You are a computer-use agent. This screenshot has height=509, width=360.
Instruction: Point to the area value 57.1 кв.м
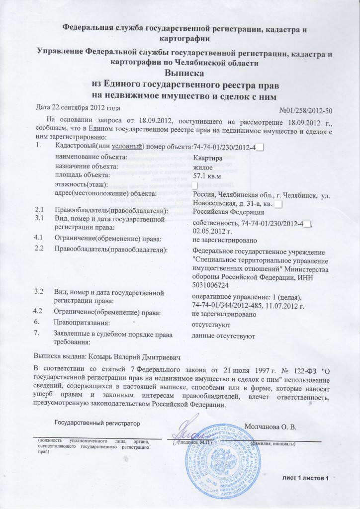pos(209,175)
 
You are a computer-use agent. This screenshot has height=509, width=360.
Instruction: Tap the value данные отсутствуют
pos(223,337)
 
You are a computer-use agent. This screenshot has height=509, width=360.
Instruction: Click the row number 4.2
pos(38,312)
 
